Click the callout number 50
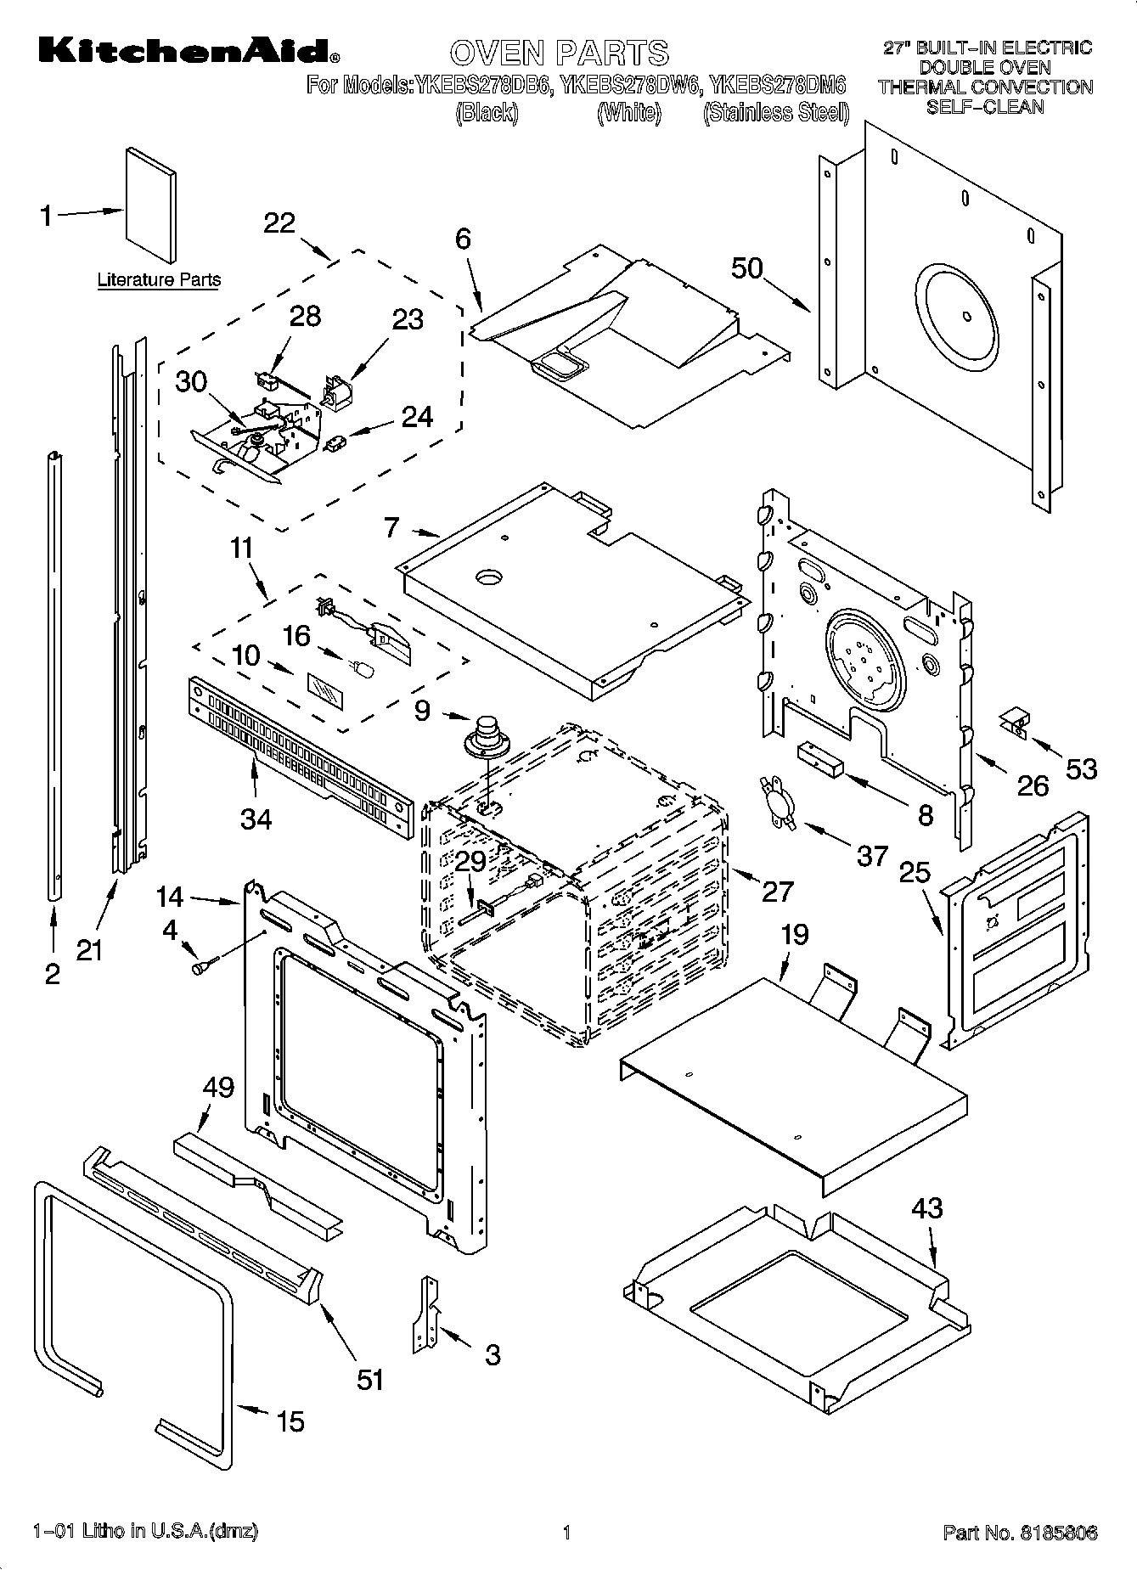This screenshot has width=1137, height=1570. tap(747, 268)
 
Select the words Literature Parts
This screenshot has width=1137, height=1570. tap(159, 279)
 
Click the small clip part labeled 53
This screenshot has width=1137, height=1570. tap(1014, 720)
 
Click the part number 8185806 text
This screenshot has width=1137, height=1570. tap(1020, 1533)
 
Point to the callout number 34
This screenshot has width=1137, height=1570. tap(256, 819)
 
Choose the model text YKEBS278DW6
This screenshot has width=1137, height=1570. tap(630, 85)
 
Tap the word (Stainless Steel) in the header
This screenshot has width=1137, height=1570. tap(776, 112)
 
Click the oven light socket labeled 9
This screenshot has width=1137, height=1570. tap(485, 736)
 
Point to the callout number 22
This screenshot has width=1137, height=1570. tap(279, 223)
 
